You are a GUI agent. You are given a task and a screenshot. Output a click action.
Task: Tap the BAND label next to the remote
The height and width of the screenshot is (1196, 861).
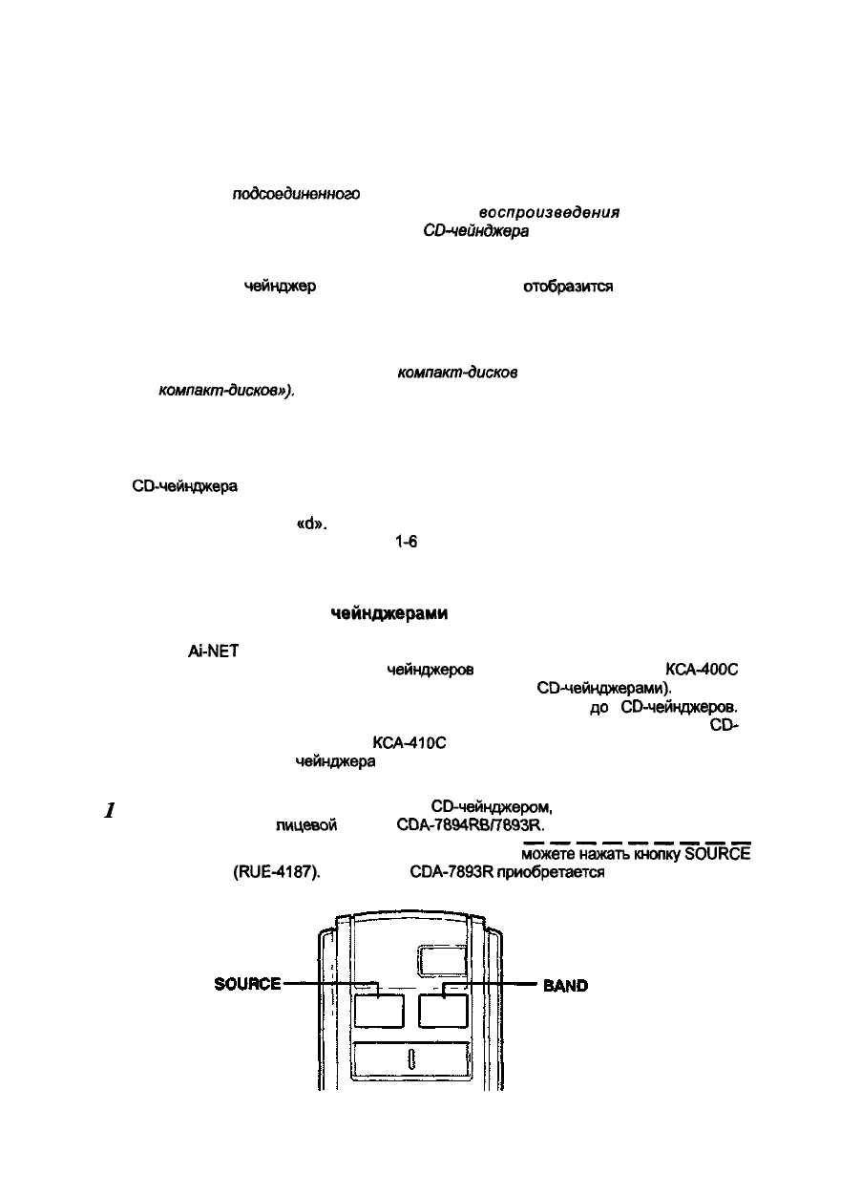point(565,986)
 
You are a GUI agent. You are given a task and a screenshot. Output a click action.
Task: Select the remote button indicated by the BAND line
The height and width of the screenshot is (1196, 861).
point(442,1011)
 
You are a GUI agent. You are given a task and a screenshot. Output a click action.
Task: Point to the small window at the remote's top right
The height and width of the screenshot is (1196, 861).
point(442,959)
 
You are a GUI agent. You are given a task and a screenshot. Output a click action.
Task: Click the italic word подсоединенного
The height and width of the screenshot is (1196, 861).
point(296,194)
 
